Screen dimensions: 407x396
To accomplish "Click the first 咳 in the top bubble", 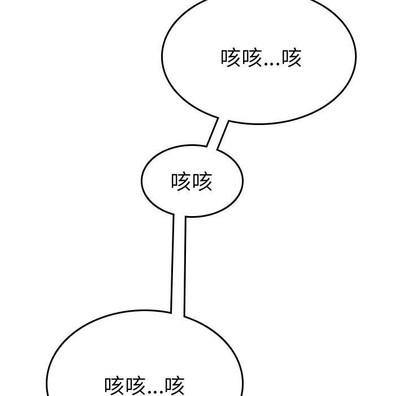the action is [231, 58].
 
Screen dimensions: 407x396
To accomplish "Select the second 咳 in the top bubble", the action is [252, 58].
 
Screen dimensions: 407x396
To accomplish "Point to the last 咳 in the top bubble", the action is [292, 58].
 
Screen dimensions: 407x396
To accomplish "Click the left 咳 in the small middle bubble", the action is [181, 182].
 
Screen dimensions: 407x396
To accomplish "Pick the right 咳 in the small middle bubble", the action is [202, 182].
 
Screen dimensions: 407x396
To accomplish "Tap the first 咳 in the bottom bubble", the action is [115, 386].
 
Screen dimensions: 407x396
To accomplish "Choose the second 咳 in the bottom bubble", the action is [135, 386].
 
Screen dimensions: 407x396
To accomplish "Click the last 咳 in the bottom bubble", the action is [175, 386].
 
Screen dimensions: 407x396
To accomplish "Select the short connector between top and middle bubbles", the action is [217, 134].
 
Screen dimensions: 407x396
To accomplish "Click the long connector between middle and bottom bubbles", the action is [178, 265].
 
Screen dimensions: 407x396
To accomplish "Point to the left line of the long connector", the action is [172, 263].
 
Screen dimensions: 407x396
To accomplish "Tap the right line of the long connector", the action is [185, 266].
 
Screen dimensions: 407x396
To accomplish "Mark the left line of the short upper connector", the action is [213, 132].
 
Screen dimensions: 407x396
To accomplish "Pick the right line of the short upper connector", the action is [223, 135].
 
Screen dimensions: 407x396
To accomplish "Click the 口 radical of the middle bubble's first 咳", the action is [174, 182].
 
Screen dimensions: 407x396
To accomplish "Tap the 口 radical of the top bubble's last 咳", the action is [285, 58].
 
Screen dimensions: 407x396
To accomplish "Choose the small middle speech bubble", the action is [192, 181].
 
